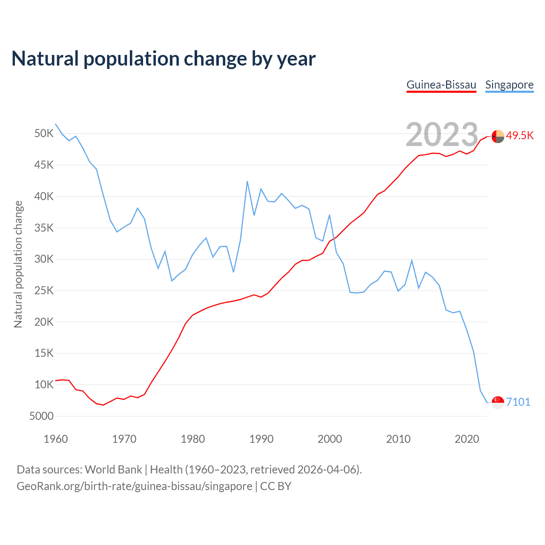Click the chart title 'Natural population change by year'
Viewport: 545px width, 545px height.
pyautogui.click(x=163, y=59)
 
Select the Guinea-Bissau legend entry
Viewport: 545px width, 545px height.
pyautogui.click(x=441, y=85)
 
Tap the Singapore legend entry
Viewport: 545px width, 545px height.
pyautogui.click(x=509, y=85)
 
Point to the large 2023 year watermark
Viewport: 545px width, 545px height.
pyautogui.click(x=442, y=135)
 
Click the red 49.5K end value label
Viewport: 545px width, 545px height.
pyautogui.click(x=520, y=135)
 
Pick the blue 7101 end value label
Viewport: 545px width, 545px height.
pyautogui.click(x=518, y=402)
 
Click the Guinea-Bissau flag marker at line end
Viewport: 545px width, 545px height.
pyautogui.click(x=498, y=137)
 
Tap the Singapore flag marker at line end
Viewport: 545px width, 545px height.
pyautogui.click(x=498, y=402)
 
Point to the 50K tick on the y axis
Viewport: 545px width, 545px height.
pyautogui.click(x=44, y=134)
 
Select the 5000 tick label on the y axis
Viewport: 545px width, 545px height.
pyautogui.click(x=41, y=416)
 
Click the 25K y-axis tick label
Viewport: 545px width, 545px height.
pyautogui.click(x=44, y=291)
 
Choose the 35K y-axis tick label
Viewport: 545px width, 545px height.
pyautogui.click(x=44, y=228)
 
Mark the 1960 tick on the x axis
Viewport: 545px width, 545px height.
pyautogui.click(x=56, y=439)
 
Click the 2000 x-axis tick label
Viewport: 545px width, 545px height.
pyautogui.click(x=330, y=439)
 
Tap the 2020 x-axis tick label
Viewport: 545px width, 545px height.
pyautogui.click(x=467, y=439)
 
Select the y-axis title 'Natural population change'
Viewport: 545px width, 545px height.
pyautogui.click(x=18, y=264)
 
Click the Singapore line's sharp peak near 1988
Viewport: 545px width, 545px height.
pyautogui.click(x=247, y=182)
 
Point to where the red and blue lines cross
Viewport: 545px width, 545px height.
pyautogui.click(x=335, y=238)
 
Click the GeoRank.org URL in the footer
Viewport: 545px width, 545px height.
pyautogui.click(x=135, y=486)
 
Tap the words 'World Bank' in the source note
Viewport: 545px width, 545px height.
pyautogui.click(x=113, y=470)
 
